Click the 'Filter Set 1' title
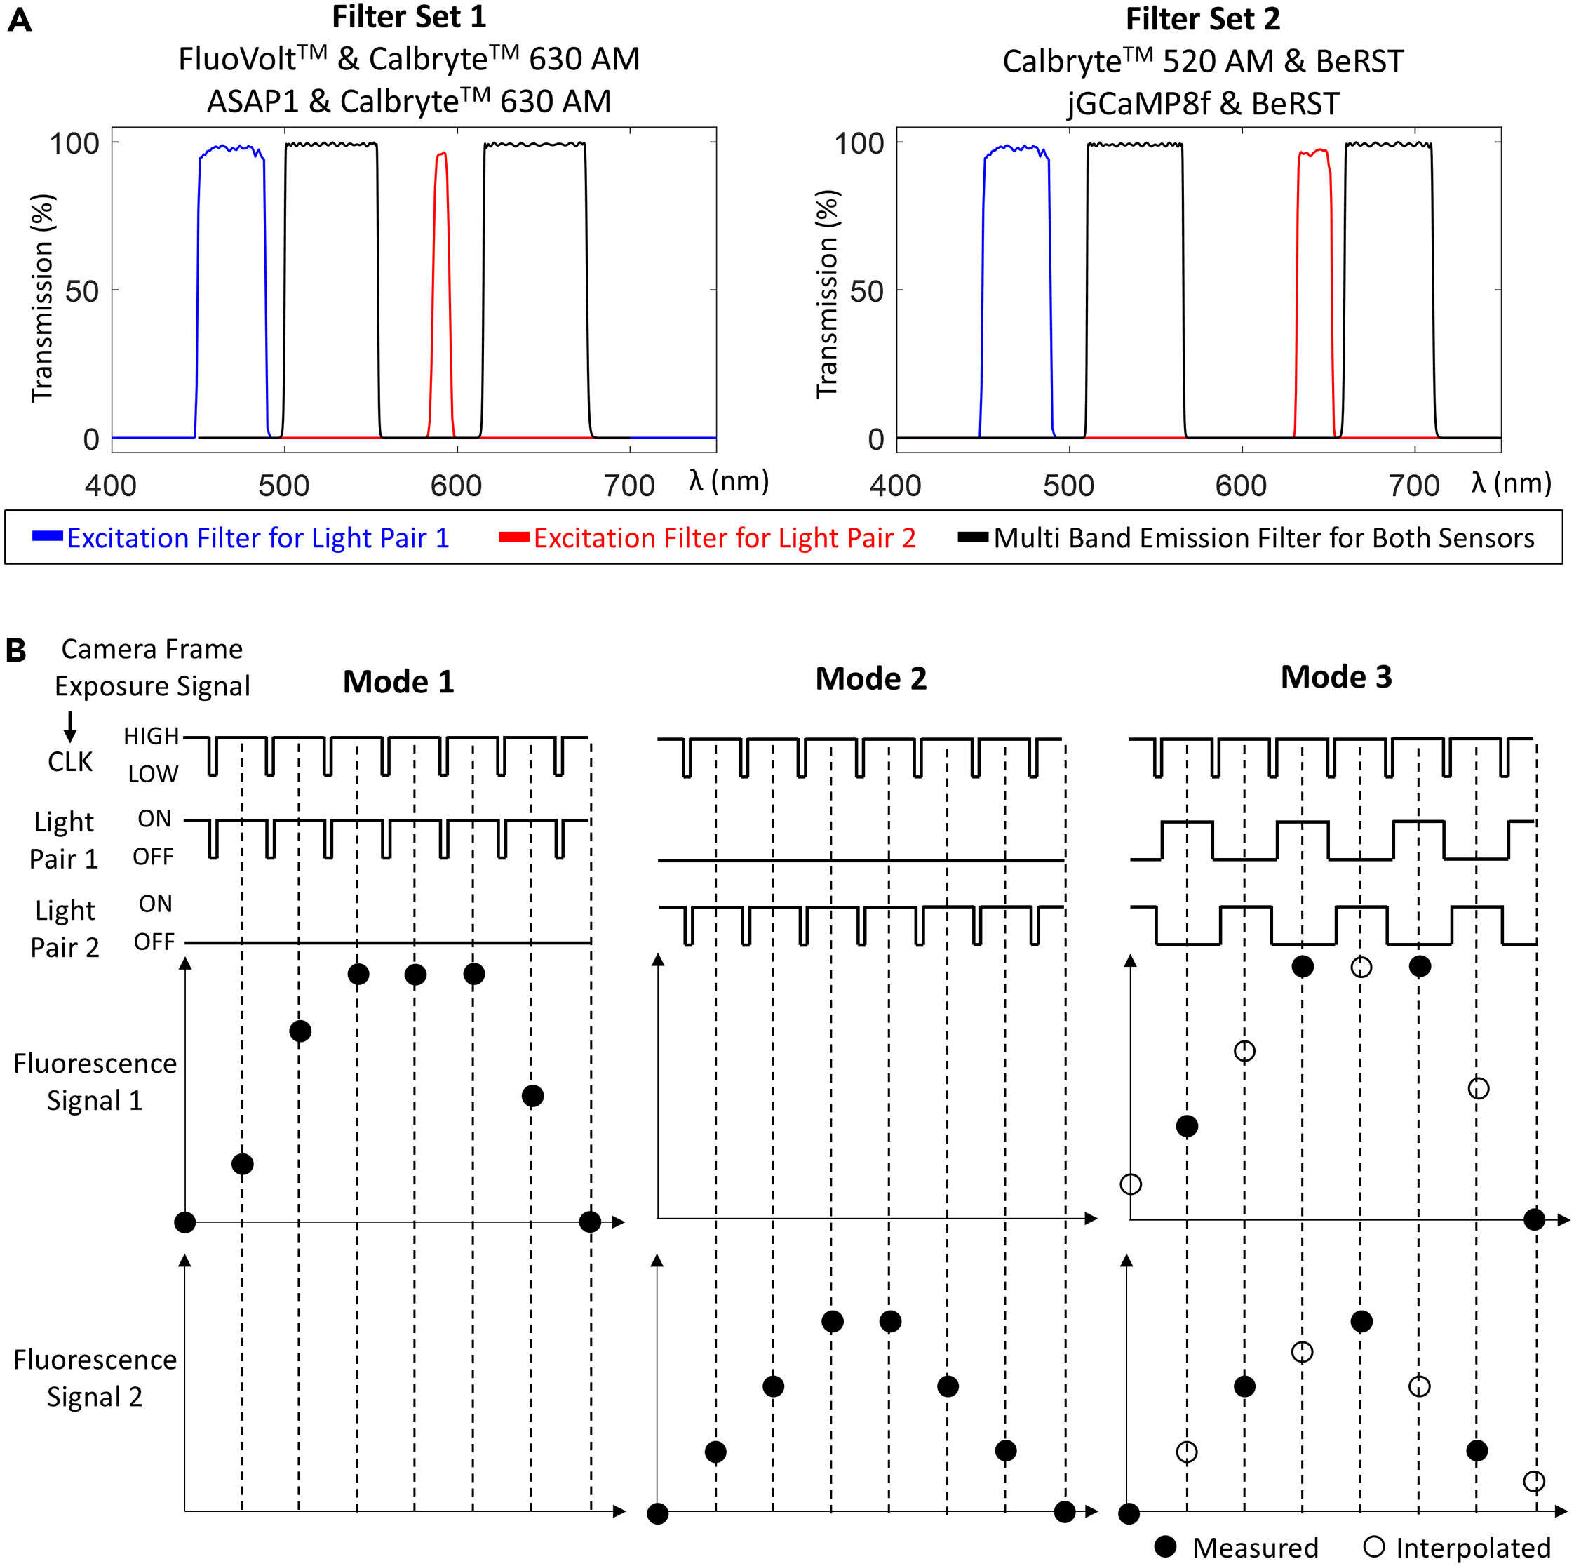pyautogui.click(x=408, y=17)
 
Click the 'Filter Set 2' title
pyautogui.click(x=1202, y=19)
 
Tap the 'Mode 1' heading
pyautogui.click(x=398, y=681)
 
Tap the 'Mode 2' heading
pyautogui.click(x=871, y=678)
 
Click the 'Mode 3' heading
pyautogui.click(x=1336, y=676)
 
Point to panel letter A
pyautogui.click(x=20, y=20)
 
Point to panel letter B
pyautogui.click(x=16, y=650)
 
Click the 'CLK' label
pyautogui.click(x=70, y=762)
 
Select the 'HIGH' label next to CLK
pyautogui.click(x=151, y=736)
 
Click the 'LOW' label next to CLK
pyautogui.click(x=152, y=774)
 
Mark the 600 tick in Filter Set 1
pyautogui.click(x=456, y=486)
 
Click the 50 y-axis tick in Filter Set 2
pyautogui.click(x=866, y=291)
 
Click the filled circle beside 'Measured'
pyautogui.click(x=1166, y=1546)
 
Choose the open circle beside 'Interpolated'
pyautogui.click(x=1373, y=1546)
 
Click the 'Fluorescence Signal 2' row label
pyautogui.click(x=95, y=1378)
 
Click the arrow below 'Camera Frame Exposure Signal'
pyautogui.click(x=70, y=726)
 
